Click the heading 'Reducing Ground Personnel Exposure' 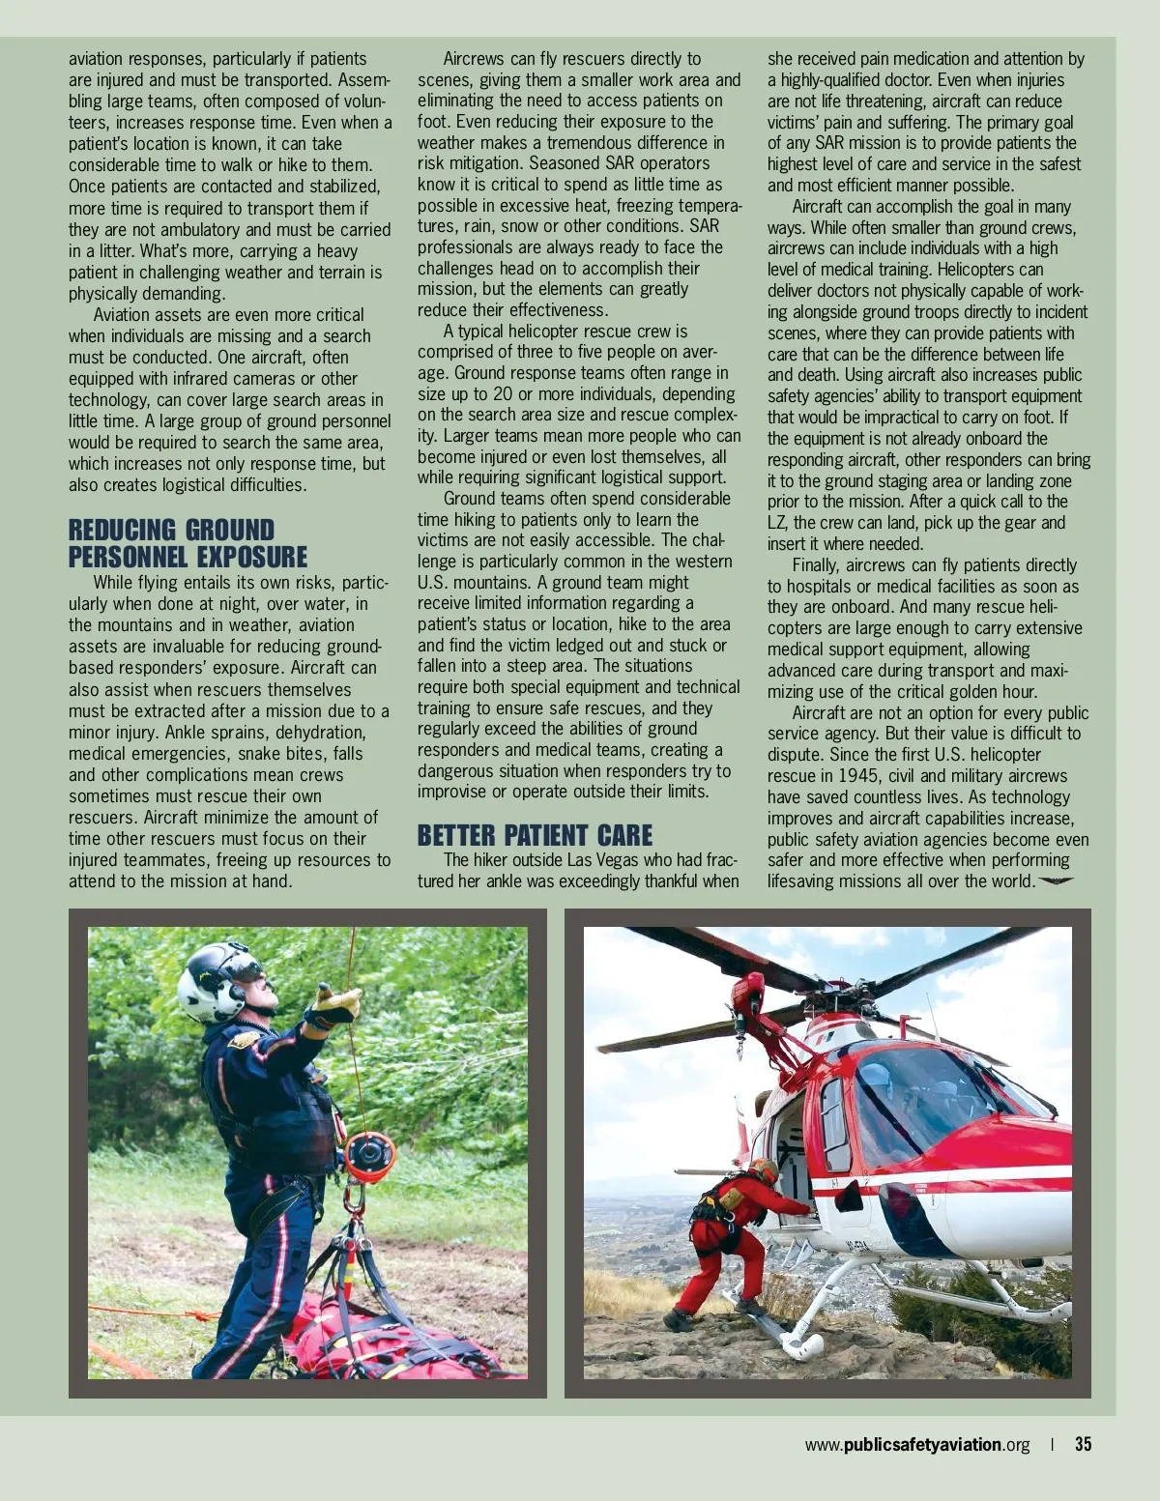[187, 543]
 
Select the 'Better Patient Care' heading [535, 835]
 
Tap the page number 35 [1083, 1445]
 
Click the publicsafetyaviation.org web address [916, 1445]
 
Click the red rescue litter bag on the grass [387, 1334]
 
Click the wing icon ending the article [1056, 880]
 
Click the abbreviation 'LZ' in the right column [777, 523]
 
